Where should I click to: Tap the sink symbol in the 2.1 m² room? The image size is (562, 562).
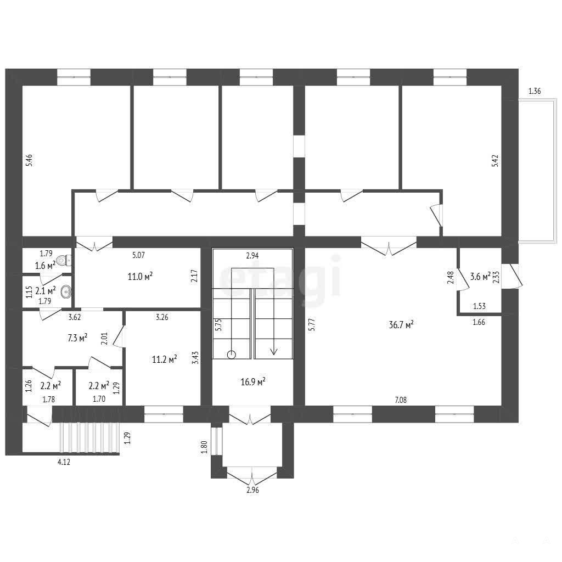(x=66, y=291)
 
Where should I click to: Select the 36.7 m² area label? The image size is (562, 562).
(x=401, y=325)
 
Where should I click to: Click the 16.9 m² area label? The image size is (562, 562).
(x=252, y=382)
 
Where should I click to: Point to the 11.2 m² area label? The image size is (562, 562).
(x=164, y=359)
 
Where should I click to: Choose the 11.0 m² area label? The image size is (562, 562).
(x=140, y=277)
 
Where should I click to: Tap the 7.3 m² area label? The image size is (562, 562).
(x=77, y=338)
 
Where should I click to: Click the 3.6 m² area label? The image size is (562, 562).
(x=480, y=277)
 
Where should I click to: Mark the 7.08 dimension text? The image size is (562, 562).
(x=401, y=400)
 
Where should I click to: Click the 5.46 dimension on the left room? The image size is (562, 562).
(x=30, y=160)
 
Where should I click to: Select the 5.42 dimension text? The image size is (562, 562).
(x=494, y=161)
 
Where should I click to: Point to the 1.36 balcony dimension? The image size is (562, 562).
(x=535, y=91)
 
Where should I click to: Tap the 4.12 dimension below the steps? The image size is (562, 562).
(x=64, y=462)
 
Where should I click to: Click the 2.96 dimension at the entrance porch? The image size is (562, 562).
(x=252, y=490)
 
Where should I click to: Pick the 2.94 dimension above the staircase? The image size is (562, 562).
(x=252, y=256)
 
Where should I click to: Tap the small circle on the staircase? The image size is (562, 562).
(x=232, y=355)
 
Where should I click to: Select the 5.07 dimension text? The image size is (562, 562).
(x=138, y=255)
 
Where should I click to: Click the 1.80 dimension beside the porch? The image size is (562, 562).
(x=204, y=447)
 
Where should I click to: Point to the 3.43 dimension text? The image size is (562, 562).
(x=195, y=358)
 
